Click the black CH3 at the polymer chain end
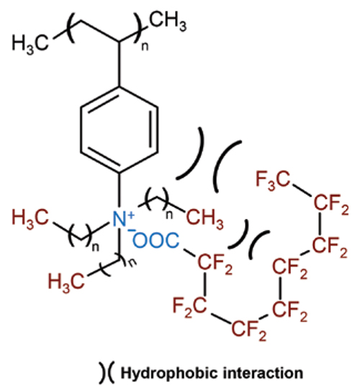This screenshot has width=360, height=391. click(x=168, y=22)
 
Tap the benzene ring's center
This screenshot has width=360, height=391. click(x=120, y=130)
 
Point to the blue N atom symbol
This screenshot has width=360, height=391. click(x=120, y=219)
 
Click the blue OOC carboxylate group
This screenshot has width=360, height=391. click(x=156, y=240)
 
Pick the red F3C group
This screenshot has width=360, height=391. click(x=273, y=180)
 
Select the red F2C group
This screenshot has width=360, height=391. click(x=189, y=306)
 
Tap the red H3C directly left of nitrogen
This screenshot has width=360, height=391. click(x=30, y=218)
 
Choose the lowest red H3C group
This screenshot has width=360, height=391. click(x=66, y=282)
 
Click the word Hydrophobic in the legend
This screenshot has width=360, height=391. click(x=169, y=373)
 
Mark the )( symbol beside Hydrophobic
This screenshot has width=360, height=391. click(x=106, y=372)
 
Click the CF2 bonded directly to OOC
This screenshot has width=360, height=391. click(x=215, y=264)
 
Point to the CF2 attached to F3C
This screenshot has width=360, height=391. click(x=331, y=204)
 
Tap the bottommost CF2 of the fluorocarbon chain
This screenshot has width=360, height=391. click(x=249, y=330)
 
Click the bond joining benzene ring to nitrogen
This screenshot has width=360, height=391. click(x=120, y=191)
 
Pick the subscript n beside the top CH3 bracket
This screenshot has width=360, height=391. click(x=145, y=47)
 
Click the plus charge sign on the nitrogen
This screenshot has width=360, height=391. click(x=131, y=215)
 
